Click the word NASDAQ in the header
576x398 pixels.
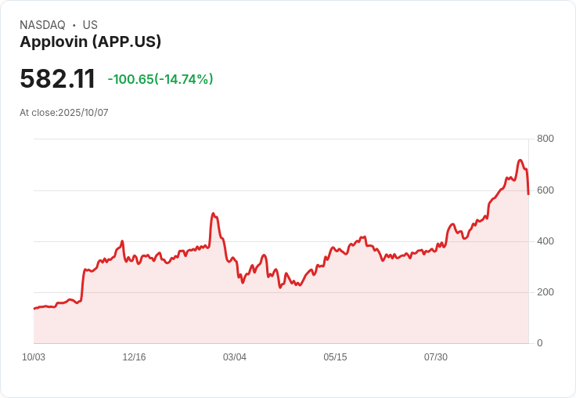pos(42,25)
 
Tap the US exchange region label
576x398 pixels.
pos(90,25)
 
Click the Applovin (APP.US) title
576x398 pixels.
pos(90,42)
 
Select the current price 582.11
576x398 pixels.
pos(57,79)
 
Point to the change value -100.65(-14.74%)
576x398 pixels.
pos(160,79)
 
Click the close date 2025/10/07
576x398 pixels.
pos(83,113)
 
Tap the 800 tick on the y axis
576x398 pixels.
pos(545,139)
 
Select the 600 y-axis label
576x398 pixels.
pos(545,190)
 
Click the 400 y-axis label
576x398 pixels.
pos(545,241)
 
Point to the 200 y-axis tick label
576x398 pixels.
pos(545,292)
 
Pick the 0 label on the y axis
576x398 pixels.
pos(539,343)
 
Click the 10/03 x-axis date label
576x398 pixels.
pos(34,357)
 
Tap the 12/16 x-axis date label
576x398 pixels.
pos(134,357)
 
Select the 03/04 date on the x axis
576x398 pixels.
pos(235,357)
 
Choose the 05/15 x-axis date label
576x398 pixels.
pos(335,357)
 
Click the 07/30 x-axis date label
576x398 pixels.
pos(436,357)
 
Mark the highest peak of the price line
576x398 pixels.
pos(520,161)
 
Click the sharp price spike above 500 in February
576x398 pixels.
pos(213,213)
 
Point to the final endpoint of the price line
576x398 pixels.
pos(529,194)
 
